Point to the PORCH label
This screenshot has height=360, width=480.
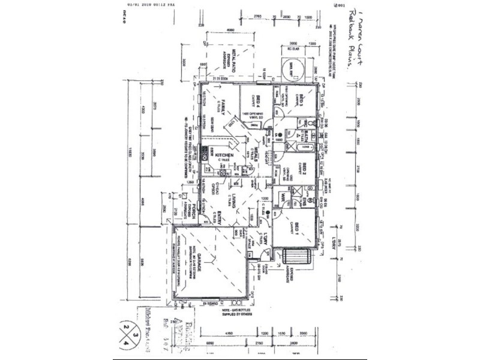click(x=191, y=214)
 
